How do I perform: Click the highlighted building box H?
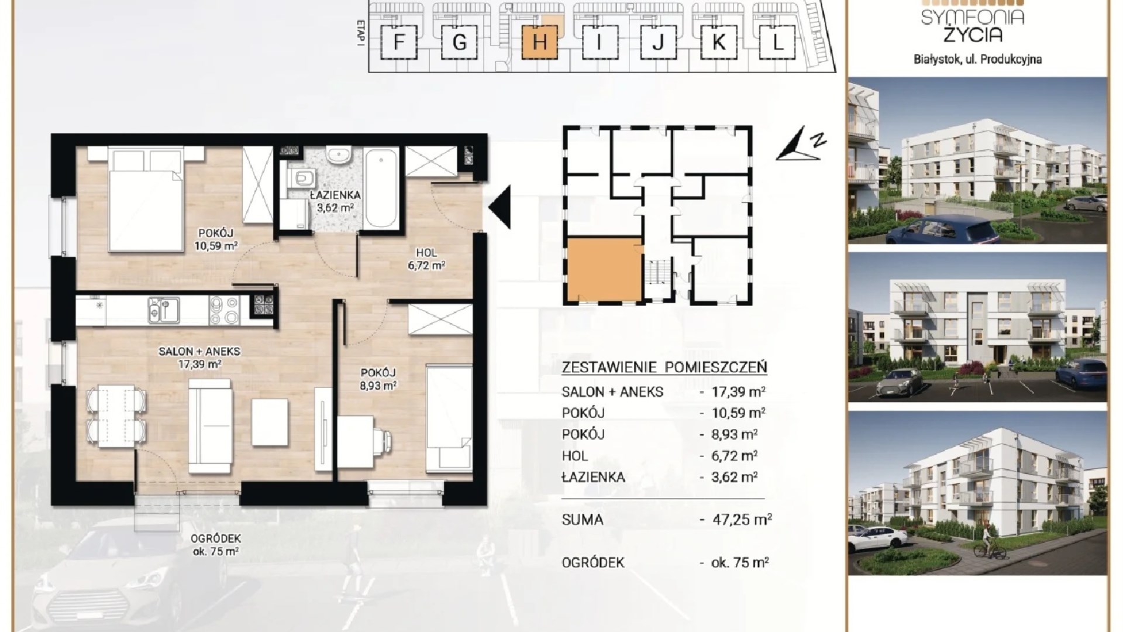pyautogui.click(x=540, y=42)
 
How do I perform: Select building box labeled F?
pyautogui.click(x=399, y=42)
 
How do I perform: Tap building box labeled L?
pyautogui.click(x=777, y=42)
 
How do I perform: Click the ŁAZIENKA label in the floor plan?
pyautogui.click(x=336, y=195)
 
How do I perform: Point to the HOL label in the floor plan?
pyautogui.click(x=426, y=253)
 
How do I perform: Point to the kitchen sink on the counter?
pyautogui.click(x=163, y=310)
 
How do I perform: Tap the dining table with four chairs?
pyautogui.click(x=116, y=416)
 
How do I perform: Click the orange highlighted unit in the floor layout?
pyautogui.click(x=604, y=269)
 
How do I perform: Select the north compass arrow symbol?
pyautogui.click(x=801, y=144)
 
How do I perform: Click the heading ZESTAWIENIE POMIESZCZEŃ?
pyautogui.click(x=664, y=367)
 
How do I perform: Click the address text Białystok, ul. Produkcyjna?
pyautogui.click(x=977, y=59)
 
